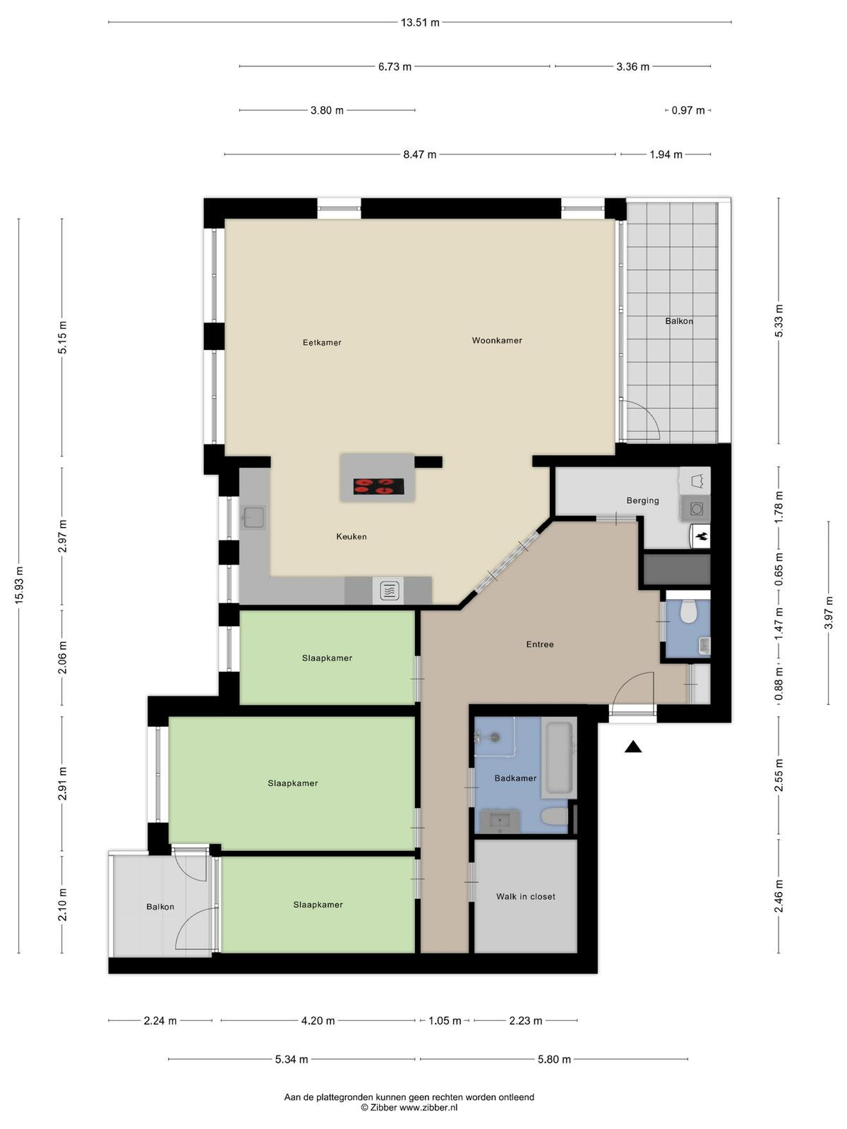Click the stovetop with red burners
(378, 486)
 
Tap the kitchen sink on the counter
(253, 517)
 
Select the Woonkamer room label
(497, 341)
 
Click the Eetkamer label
(322, 342)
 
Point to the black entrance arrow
(633, 747)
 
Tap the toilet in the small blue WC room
(687, 612)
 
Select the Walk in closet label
(526, 897)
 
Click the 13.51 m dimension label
(420, 23)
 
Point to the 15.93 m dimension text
(19, 585)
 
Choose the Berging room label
(642, 500)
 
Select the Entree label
(540, 644)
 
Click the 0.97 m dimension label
(688, 111)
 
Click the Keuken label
(352, 536)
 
